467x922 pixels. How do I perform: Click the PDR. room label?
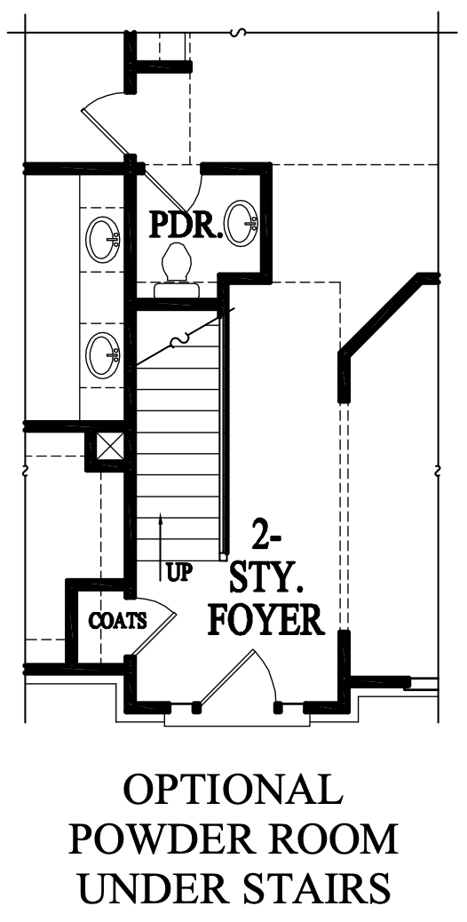coord(186,225)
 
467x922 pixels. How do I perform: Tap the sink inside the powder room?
coord(242,223)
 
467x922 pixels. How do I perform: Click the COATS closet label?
coord(118,620)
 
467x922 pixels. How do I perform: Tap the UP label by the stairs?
coord(179,573)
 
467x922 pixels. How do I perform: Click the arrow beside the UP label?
coord(160,546)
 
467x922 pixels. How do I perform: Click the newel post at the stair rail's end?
coord(223,555)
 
